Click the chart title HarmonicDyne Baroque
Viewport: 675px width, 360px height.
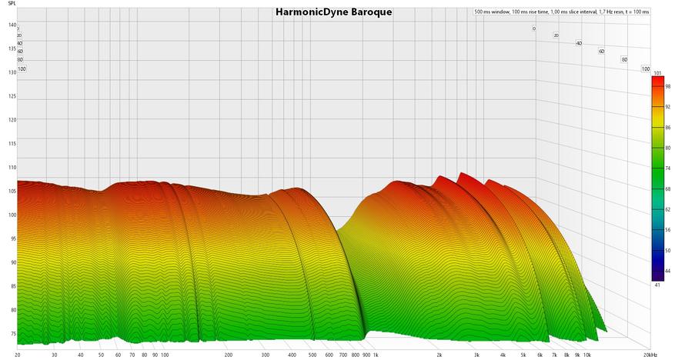tap(333, 12)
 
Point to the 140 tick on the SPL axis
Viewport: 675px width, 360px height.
tap(12, 25)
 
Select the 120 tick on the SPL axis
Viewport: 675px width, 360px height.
tap(12, 120)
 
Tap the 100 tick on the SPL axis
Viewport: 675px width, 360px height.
tap(12, 215)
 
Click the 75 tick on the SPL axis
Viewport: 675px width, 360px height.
tap(12, 333)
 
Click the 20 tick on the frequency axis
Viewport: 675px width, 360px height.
tap(17, 355)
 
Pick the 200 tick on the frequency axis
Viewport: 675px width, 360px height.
tap(229, 355)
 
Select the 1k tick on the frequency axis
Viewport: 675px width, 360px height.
tap(376, 355)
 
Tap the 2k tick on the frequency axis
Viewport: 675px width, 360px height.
tap(439, 355)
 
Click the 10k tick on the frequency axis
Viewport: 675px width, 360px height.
tap(587, 355)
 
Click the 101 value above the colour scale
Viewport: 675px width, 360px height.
tap(657, 73)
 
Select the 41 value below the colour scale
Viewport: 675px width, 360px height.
tap(657, 285)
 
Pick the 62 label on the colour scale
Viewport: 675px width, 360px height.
tap(667, 208)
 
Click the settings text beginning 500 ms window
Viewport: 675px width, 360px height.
tap(561, 12)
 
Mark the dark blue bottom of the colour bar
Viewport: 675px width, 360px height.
tap(657, 275)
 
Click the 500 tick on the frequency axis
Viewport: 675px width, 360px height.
tap(312, 355)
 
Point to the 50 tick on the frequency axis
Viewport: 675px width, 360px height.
tap(101, 355)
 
